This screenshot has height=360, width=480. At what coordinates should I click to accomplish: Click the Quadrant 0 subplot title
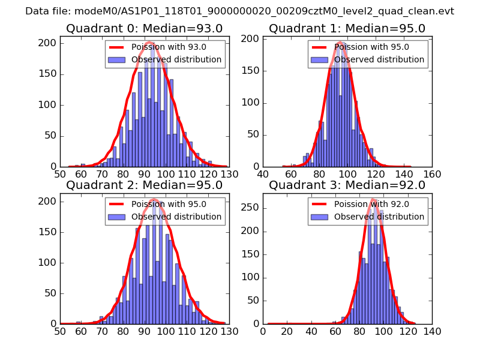[x=144, y=29]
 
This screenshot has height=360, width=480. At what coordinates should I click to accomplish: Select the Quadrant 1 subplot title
[x=347, y=29]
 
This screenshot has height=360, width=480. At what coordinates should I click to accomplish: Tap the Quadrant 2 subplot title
[x=144, y=185]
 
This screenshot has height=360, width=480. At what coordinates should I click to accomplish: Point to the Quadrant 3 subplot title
[x=347, y=185]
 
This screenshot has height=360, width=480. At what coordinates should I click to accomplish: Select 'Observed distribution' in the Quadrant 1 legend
[x=379, y=60]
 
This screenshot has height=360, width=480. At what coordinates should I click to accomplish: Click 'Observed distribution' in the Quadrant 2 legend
[x=176, y=217]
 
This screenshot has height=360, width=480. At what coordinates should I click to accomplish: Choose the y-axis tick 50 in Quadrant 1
[x=253, y=136]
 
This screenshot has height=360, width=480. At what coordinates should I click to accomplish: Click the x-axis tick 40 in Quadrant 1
[x=263, y=174]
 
